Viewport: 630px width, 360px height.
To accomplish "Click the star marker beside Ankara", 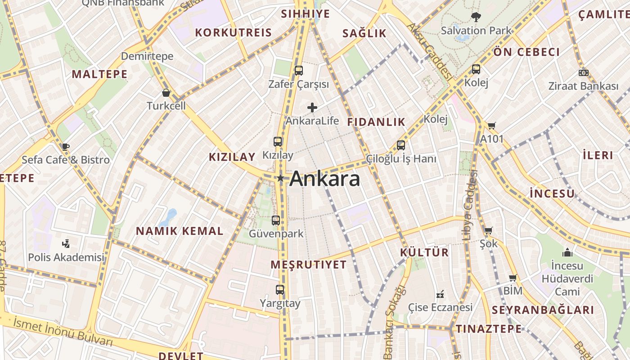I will (280, 179).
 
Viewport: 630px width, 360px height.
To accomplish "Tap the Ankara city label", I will (324, 179).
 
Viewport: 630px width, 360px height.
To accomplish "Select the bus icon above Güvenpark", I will (276, 220).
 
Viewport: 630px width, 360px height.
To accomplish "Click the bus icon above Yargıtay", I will (280, 290).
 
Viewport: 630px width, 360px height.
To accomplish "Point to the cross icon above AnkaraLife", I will (312, 108).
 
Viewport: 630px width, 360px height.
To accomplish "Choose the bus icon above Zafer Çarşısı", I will (298, 71).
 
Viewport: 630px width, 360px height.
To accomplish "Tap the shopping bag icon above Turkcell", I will (166, 93).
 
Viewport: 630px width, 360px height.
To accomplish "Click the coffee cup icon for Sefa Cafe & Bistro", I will (66, 147).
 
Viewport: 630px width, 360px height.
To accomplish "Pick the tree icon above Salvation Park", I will (476, 18).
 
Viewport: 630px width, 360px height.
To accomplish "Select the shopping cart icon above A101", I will (491, 126).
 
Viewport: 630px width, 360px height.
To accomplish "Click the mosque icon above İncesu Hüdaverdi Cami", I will (567, 252).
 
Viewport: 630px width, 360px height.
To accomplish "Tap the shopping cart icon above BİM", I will (513, 278).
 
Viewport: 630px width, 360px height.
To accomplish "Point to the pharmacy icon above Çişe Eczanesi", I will (440, 294).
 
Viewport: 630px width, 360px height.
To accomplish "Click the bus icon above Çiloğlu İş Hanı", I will (401, 145).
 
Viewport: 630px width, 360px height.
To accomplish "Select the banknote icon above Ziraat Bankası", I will (584, 73).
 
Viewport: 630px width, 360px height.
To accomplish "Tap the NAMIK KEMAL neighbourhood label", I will (180, 231).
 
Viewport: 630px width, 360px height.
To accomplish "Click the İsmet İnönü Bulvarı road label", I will (63, 332).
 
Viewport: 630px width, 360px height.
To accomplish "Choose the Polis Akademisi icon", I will (66, 244).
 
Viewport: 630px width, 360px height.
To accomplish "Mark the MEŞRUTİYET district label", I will (309, 265).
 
